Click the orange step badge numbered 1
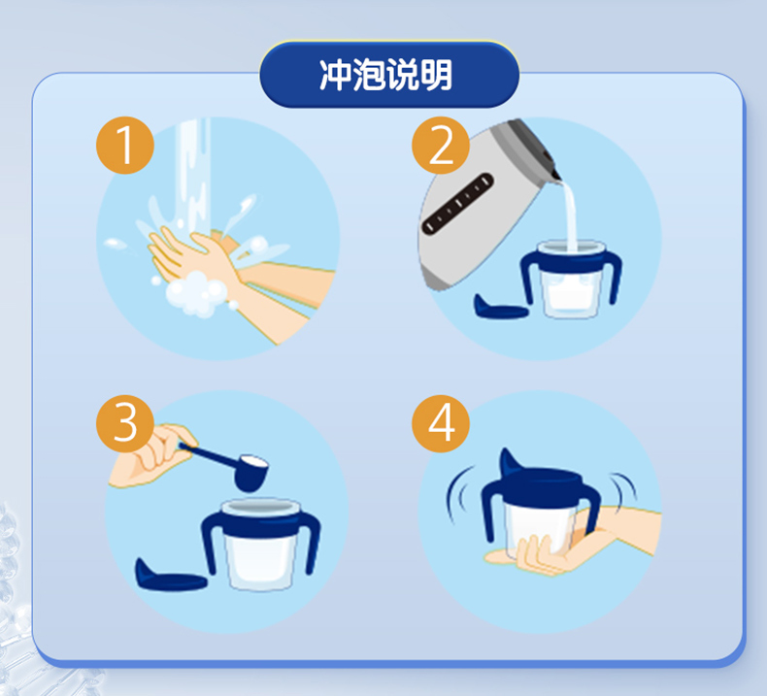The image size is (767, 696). point(125,146)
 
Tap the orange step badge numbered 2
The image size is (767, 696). point(441,146)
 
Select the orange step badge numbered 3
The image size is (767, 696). point(125,423)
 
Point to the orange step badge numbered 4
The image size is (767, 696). point(441,423)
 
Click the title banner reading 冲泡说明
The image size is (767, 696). point(389,75)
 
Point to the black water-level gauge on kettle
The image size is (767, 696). point(458,203)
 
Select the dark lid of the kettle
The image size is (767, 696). point(534,146)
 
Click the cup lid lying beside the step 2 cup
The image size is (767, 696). point(500,307)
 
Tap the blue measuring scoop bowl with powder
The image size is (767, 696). point(251,472)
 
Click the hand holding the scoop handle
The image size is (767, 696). point(150,456)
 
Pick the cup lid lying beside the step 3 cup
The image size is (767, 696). point(169,576)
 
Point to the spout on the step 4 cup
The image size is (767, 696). point(511,462)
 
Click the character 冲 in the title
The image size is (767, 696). point(335,75)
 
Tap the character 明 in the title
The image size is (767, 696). point(435,75)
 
